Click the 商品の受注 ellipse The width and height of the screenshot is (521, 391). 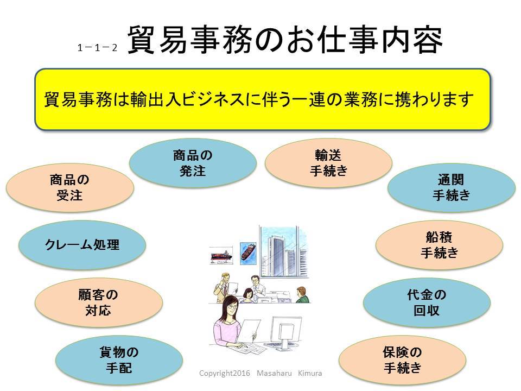point(69,187)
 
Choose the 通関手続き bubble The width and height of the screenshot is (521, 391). point(451,187)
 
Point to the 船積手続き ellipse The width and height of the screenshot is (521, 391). point(439,245)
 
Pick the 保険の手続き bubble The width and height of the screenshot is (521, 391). point(402,361)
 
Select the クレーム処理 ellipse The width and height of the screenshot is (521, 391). point(82,245)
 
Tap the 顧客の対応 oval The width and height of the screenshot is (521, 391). point(98,303)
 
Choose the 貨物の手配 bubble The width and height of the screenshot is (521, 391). point(119,361)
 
